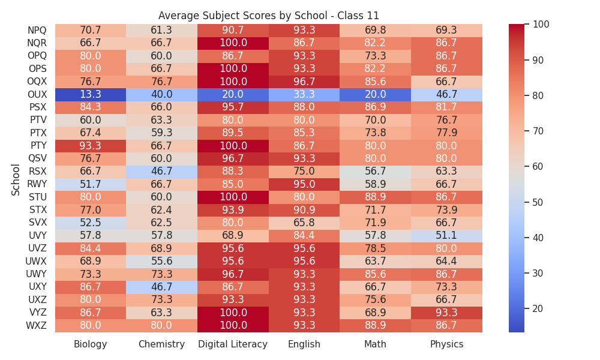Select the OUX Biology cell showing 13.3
tap(91, 94)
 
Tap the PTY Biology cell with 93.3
tap(91, 146)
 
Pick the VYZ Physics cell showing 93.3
tap(446, 313)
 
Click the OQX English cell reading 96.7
tap(304, 82)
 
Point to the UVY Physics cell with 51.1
tap(446, 235)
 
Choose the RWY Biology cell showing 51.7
tap(91, 184)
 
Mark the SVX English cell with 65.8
tap(304, 223)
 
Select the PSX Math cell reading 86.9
tap(376, 107)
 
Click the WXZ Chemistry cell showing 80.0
tap(162, 325)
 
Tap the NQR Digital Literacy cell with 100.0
tap(233, 43)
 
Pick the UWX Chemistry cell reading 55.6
tap(162, 261)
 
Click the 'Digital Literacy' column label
tap(233, 344)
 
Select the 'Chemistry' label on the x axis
tap(161, 344)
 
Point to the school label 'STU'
tap(37, 197)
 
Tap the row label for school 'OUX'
tap(37, 94)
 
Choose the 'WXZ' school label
tap(37, 326)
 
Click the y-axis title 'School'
tap(16, 180)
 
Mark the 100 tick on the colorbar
tap(541, 25)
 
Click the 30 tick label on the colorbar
tap(538, 273)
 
